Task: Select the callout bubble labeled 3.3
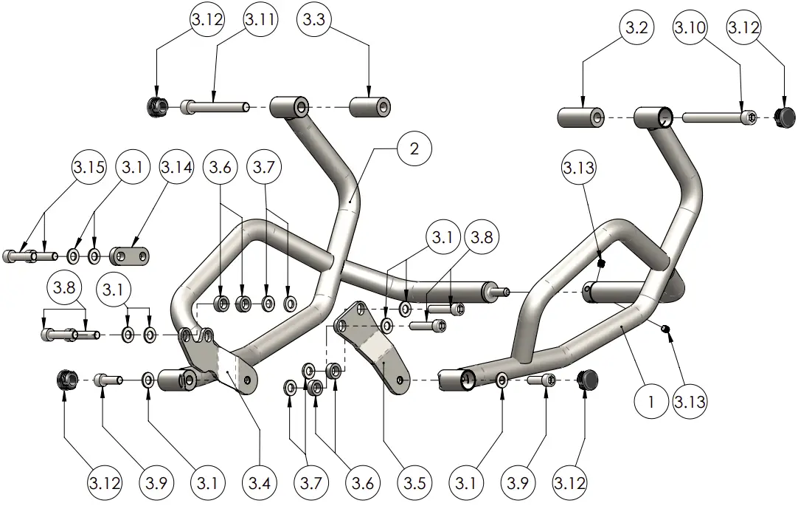tap(314, 21)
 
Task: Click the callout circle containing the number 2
tap(414, 148)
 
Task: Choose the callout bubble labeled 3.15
tap(89, 168)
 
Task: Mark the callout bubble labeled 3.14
tap(176, 168)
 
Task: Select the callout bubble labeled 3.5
tap(415, 484)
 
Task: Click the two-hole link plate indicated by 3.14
tap(132, 256)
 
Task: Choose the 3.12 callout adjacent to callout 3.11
tap(207, 21)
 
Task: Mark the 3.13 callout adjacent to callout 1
tap(690, 403)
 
